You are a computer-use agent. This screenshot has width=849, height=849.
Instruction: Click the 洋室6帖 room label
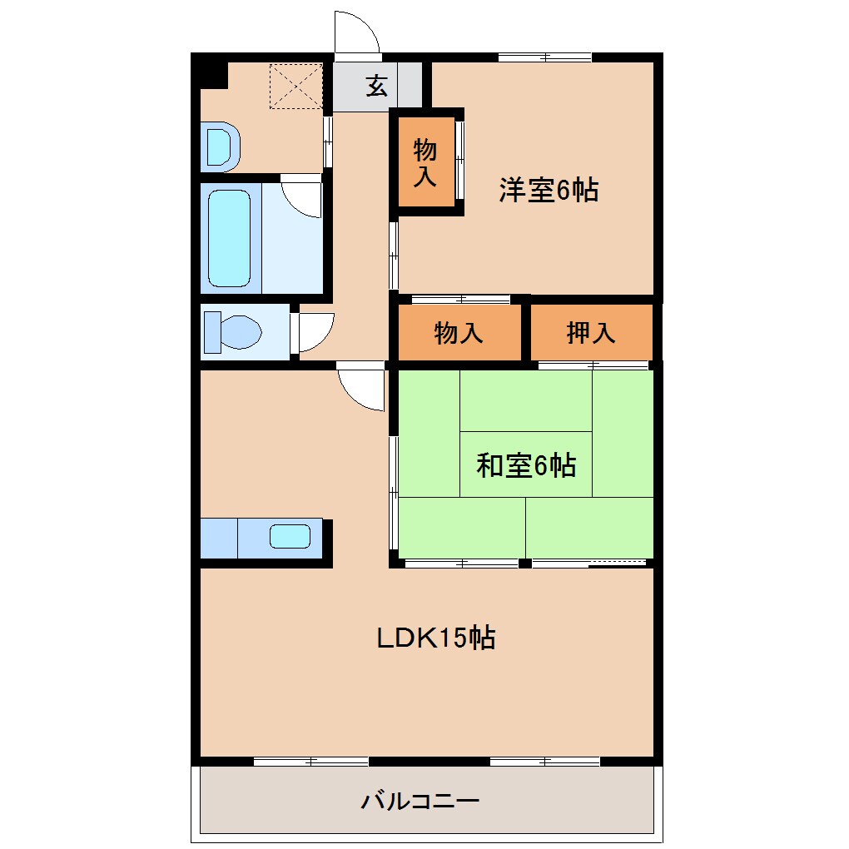click(548, 191)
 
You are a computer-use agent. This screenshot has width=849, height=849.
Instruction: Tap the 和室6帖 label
click(525, 465)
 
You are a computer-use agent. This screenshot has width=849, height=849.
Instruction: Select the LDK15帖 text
click(436, 638)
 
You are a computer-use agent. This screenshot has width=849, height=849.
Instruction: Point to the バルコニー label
click(420, 802)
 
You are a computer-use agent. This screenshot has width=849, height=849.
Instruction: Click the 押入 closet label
click(590, 333)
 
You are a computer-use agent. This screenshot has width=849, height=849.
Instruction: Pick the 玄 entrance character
click(377, 86)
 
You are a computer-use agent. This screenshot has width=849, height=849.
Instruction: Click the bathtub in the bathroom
click(229, 238)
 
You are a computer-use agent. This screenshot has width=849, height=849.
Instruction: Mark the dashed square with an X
click(295, 85)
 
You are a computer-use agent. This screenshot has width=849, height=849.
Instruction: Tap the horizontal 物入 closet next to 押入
click(459, 333)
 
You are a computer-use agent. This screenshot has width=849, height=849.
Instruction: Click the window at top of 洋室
click(544, 57)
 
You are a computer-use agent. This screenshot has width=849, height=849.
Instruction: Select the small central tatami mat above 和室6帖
click(525, 400)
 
